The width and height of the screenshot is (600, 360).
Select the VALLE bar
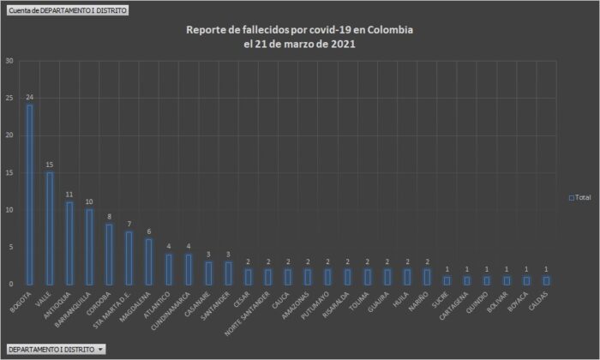tap(50, 228)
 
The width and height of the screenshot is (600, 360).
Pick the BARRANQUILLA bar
tap(89, 247)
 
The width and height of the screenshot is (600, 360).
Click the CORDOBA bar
tap(109, 254)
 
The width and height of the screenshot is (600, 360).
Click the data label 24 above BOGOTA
tap(30, 97)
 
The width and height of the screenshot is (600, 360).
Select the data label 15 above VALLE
tap(50, 165)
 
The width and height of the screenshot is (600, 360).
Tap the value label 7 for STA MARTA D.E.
tap(129, 224)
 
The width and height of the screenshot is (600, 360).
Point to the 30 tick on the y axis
tap(9, 61)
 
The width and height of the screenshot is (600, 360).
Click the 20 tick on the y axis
tap(9, 135)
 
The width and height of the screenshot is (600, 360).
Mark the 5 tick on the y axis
tap(10, 247)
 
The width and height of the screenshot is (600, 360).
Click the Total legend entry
tap(580, 197)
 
